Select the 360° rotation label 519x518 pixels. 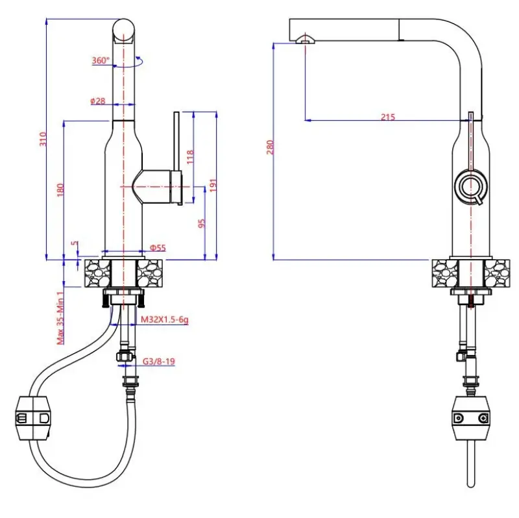[x=101, y=60]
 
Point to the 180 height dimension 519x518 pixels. [x=60, y=190]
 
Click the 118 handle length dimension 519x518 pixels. [x=190, y=157]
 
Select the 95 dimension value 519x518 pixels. [x=202, y=223]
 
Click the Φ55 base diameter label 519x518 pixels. [x=158, y=247]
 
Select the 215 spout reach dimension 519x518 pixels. [x=387, y=117]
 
